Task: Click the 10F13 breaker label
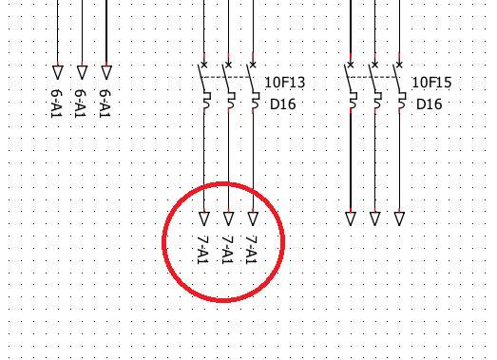click(285, 83)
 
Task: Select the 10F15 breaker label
click(431, 83)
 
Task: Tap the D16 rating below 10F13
click(283, 104)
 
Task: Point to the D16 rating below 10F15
click(430, 104)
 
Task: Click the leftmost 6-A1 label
click(57, 104)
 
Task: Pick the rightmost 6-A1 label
click(105, 104)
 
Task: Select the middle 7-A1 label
click(227, 250)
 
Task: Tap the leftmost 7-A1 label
click(203, 250)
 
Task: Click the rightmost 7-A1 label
click(252, 250)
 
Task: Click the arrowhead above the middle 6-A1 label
click(82, 72)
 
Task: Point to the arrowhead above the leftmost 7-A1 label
click(204, 218)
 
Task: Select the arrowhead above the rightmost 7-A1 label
click(253, 218)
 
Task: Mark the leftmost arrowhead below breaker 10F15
click(351, 218)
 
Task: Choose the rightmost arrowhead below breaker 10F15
click(399, 218)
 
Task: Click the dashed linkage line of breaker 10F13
click(226, 77)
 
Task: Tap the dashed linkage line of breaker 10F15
click(373, 77)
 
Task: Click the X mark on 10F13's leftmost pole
click(204, 65)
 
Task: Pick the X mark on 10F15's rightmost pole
click(399, 65)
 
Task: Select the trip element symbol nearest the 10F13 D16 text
click(257, 101)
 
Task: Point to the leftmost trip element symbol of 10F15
click(354, 101)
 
